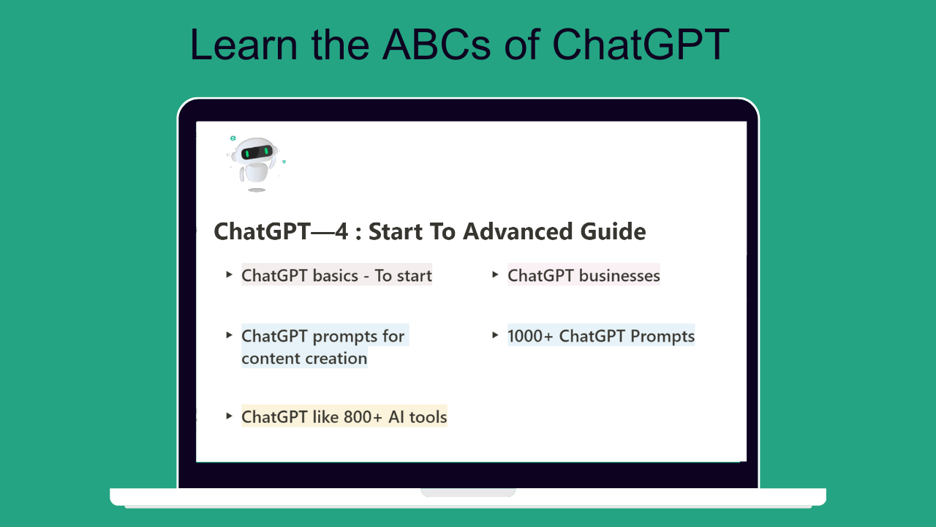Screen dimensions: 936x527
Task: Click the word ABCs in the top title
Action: (x=437, y=45)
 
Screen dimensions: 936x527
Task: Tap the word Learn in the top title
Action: (x=244, y=45)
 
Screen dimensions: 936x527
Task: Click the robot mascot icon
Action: (x=256, y=163)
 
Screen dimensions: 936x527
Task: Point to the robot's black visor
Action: (x=257, y=152)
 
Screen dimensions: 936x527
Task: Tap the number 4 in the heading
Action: (x=341, y=232)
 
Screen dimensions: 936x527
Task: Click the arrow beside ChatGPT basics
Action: (x=229, y=274)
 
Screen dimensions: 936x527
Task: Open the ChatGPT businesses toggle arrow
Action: (x=495, y=274)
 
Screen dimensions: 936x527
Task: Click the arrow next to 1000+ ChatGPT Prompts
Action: (x=495, y=335)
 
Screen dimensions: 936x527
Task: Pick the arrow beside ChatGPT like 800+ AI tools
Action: (x=229, y=416)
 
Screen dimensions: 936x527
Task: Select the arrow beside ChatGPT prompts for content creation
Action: (x=229, y=335)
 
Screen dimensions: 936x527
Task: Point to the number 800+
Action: (x=363, y=417)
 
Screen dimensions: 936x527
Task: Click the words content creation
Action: (x=304, y=359)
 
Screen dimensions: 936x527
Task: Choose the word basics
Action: (x=336, y=276)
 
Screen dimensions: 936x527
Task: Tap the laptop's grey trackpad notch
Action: (x=468, y=493)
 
